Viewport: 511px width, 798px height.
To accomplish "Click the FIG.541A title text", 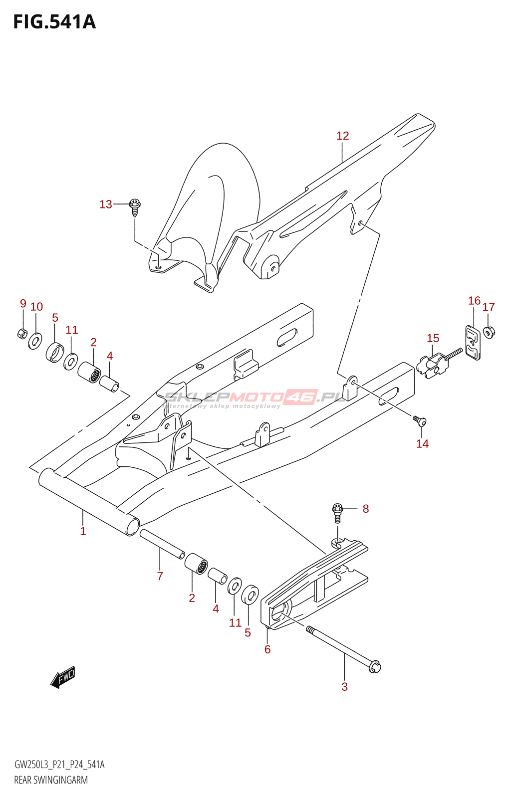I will tap(54, 22).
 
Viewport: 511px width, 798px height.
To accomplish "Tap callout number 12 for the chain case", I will tap(342, 136).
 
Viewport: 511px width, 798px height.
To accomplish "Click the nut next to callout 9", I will tap(22, 333).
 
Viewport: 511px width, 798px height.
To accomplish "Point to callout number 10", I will tap(36, 307).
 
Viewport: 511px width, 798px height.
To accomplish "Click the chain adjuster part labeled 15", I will tap(432, 365).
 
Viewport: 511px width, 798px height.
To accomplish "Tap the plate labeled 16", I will tap(473, 343).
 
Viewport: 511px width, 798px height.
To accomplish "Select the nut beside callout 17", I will tap(489, 331).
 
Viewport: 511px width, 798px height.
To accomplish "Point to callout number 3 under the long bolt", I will tap(344, 686).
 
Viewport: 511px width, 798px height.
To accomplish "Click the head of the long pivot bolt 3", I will tap(374, 666).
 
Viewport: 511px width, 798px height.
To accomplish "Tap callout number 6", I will tap(267, 649).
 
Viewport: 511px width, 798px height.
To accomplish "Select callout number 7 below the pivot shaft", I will tap(160, 576).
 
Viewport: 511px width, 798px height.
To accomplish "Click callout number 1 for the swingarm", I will tap(83, 531).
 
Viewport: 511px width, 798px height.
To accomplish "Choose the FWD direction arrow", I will tap(63, 677).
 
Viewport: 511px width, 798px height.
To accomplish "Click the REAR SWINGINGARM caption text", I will tap(51, 780).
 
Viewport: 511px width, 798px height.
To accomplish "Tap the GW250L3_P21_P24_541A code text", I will tap(59, 765).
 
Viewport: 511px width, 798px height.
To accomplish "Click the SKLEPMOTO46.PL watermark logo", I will tap(255, 398).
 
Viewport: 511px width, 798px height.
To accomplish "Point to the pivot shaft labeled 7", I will tap(162, 545).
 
